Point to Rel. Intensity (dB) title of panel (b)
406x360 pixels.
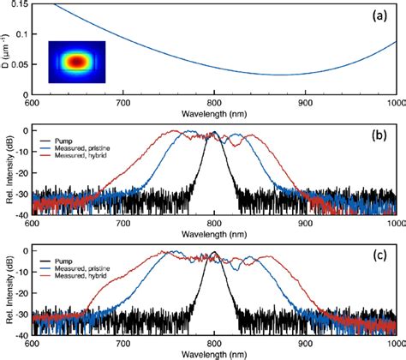[x=7, y=175]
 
